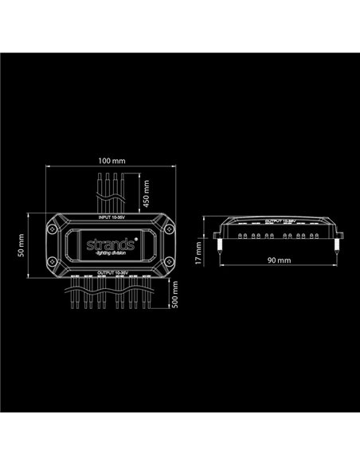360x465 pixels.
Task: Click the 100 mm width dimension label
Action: [109, 162]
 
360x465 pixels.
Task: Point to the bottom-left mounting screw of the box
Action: [53, 264]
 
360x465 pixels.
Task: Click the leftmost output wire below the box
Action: [73, 301]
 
